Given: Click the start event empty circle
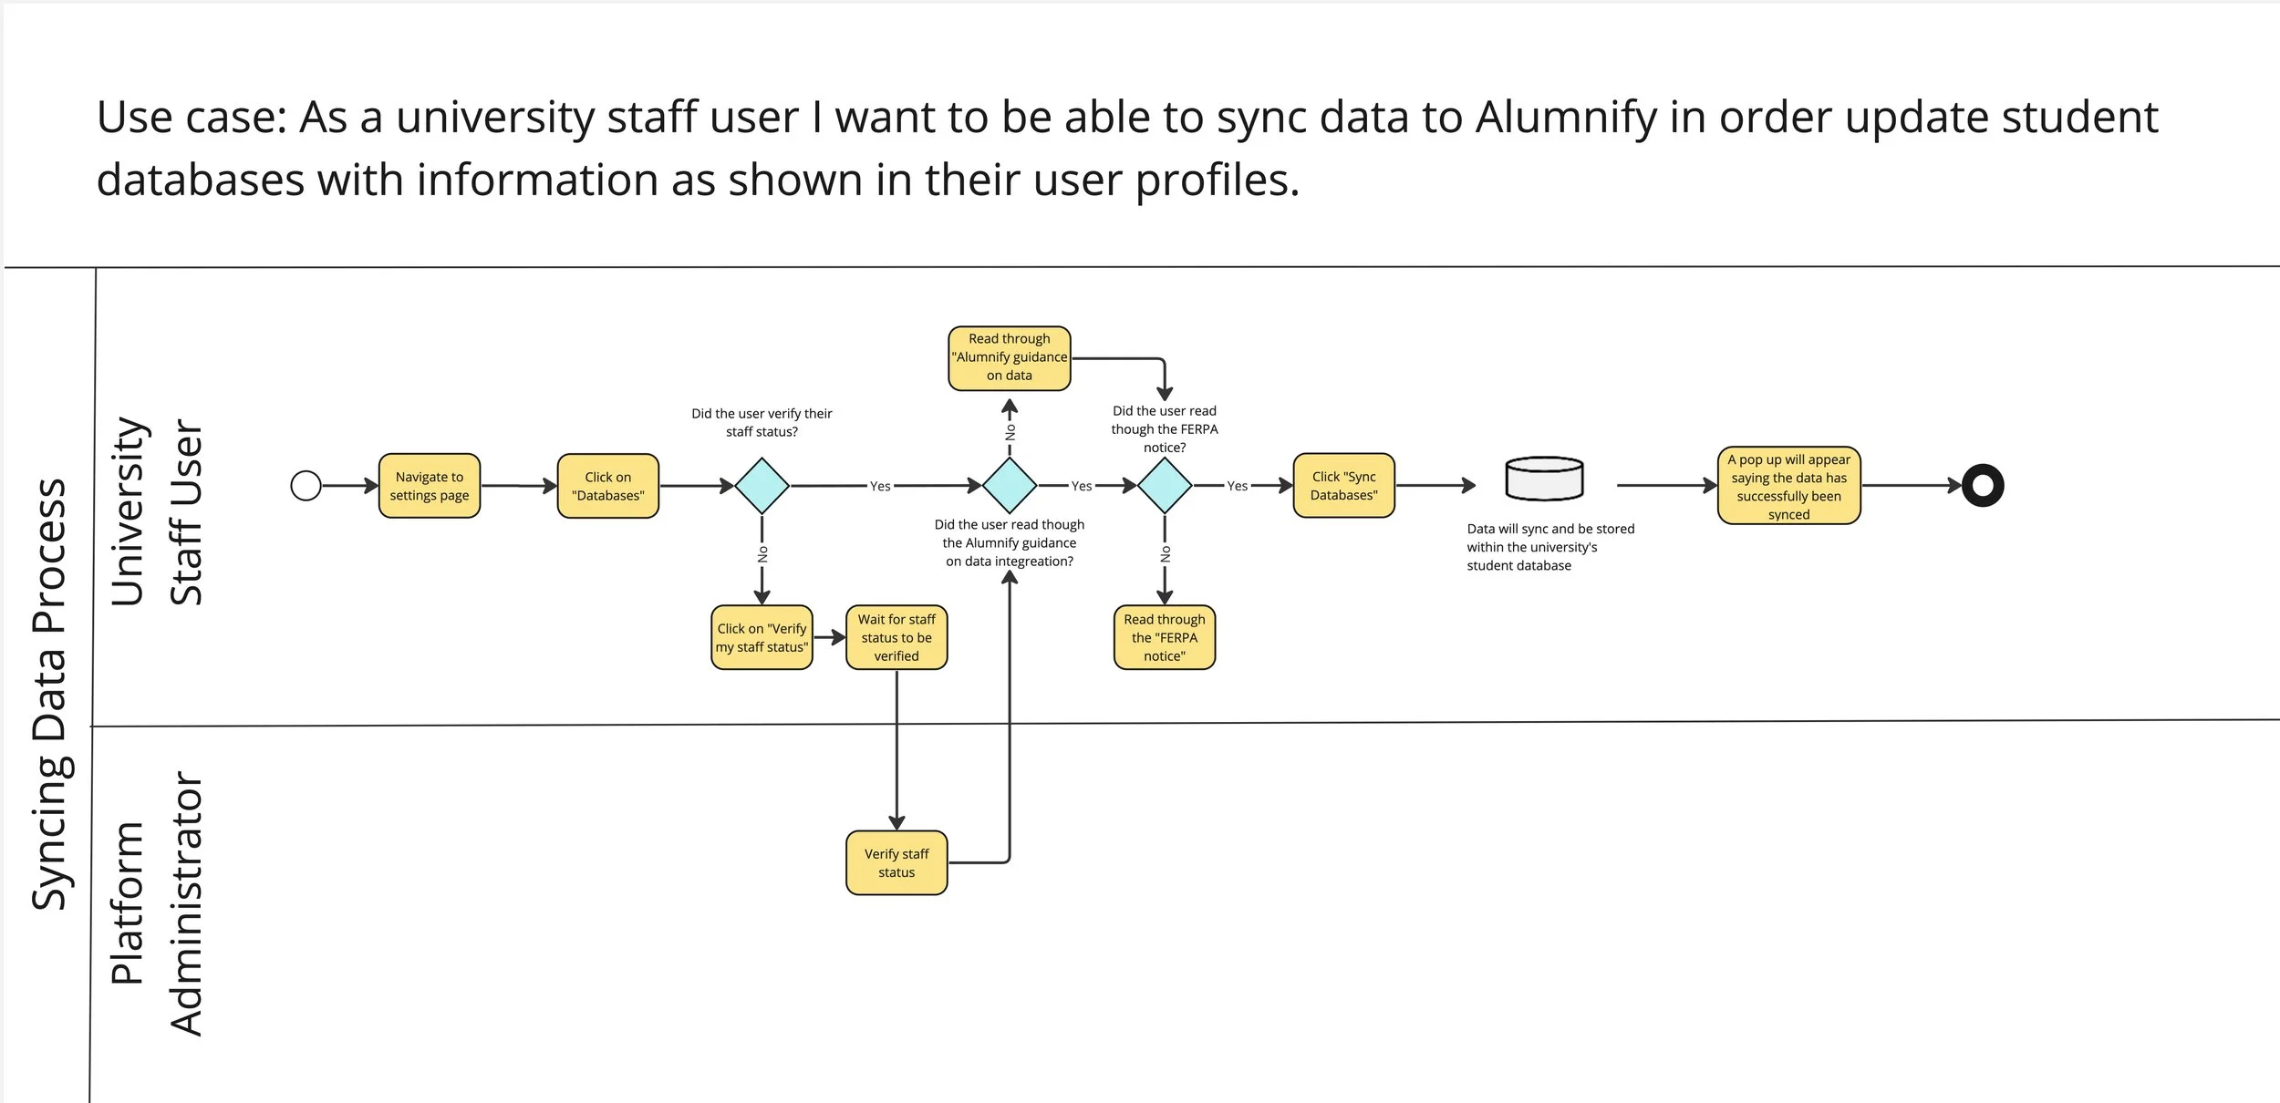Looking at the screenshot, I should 306,486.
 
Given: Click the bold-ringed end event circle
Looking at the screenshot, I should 1983,486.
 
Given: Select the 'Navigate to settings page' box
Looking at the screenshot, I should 430,486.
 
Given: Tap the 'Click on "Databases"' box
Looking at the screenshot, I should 608,486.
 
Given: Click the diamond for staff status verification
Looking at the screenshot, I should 762,486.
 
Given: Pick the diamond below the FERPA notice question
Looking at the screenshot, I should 1165,486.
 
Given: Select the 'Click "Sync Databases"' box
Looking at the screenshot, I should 1343,486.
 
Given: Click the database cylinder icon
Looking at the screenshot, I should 1544,479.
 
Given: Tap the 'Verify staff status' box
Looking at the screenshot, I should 896,862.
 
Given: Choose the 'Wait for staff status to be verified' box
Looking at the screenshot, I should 896,637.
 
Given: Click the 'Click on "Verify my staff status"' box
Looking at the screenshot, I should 762,637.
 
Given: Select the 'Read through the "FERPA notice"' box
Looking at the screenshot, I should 1165,637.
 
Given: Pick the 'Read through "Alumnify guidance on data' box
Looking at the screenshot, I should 1010,358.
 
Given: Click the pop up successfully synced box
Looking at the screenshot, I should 1788,486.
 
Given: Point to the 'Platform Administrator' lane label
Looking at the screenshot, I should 155,902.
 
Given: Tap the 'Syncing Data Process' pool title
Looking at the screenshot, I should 50,693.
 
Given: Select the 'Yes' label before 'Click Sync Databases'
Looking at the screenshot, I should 1237,486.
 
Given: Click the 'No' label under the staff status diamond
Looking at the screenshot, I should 762,553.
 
